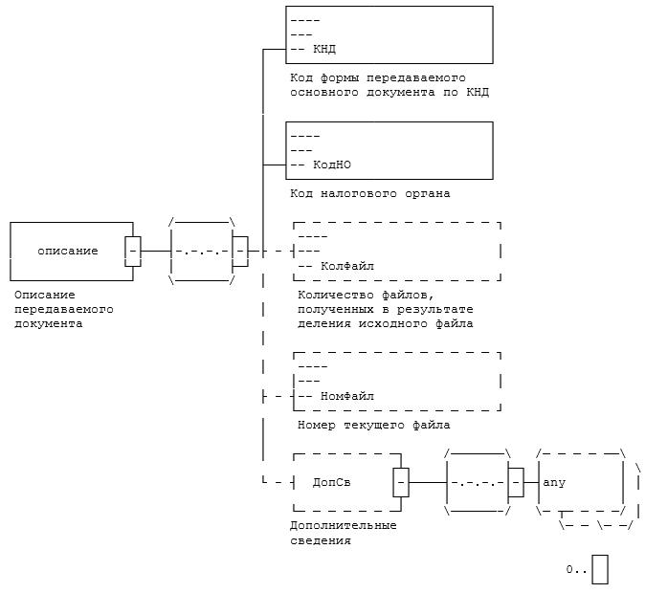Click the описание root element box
[67, 251]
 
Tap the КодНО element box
[389, 150]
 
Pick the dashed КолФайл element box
[397, 251]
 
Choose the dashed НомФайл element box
[397, 382]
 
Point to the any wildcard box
[580, 482]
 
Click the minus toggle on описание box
[133, 251]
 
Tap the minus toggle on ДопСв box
[401, 482]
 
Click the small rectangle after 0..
[600, 569]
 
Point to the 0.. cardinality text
[575, 569]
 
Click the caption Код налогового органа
[370, 193]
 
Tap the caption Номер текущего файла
[373, 425]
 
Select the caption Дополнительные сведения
[343, 533]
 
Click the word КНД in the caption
[478, 93]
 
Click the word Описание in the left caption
[45, 296]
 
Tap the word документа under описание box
[48, 323]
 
